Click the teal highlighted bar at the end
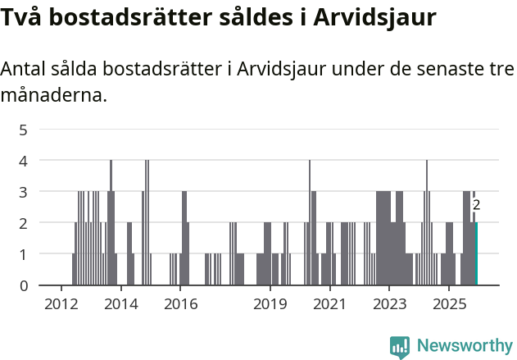pyautogui.click(x=476, y=253)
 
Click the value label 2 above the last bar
pyautogui.click(x=476, y=206)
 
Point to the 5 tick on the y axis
pyautogui.click(x=23, y=129)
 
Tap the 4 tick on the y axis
pyautogui.click(x=23, y=161)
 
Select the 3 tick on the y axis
pyautogui.click(x=23, y=192)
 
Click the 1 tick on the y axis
pyautogui.click(x=23, y=254)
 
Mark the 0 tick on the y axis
pyautogui.click(x=23, y=285)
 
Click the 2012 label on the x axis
pyautogui.click(x=61, y=304)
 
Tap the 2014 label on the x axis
pyautogui.click(x=120, y=304)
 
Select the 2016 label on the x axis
pyautogui.click(x=180, y=304)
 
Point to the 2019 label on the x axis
pyautogui.click(x=270, y=304)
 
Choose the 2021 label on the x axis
pyautogui.click(x=329, y=304)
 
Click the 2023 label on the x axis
pyautogui.click(x=389, y=304)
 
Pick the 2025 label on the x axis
pyautogui.click(x=449, y=304)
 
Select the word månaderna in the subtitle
pyautogui.click(x=53, y=96)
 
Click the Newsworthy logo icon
pyautogui.click(x=400, y=346)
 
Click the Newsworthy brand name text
pyautogui.click(x=464, y=346)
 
